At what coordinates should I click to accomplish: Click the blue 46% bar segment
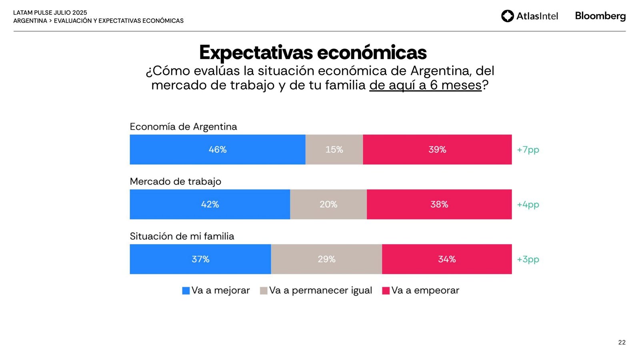(218, 150)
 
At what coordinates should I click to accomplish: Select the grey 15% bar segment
(334, 150)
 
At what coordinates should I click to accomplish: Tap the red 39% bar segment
(437, 150)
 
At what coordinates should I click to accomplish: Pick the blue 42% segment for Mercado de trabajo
(210, 204)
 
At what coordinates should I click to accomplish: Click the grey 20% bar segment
(328, 204)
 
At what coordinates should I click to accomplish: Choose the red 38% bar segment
(439, 204)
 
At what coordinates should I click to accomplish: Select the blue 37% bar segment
(200, 259)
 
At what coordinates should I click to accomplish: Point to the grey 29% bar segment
(326, 259)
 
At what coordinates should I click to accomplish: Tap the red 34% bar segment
(447, 259)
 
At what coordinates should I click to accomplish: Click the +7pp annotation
(528, 150)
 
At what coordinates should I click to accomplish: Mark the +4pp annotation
(528, 204)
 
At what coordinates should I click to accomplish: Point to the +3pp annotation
(528, 259)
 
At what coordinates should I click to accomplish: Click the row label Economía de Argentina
(183, 127)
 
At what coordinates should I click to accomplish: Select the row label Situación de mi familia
(182, 236)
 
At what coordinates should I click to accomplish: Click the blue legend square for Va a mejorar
(186, 291)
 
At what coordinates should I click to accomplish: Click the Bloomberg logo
(600, 16)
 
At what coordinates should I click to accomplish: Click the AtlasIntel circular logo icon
(508, 16)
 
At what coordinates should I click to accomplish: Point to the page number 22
(622, 342)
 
